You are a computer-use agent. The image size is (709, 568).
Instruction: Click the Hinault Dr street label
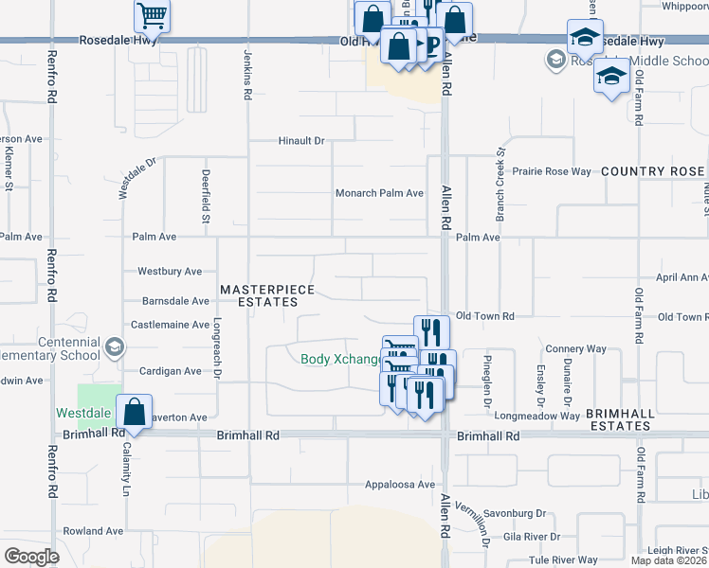coord(301,141)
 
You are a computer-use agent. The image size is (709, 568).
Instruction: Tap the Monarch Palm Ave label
coord(379,193)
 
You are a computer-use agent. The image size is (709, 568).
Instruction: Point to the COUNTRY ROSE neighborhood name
coord(653,171)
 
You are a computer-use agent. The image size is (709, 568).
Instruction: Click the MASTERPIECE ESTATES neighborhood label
coord(259,295)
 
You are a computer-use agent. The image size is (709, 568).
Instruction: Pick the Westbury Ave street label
coord(170,272)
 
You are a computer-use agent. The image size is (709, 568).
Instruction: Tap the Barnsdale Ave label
coord(174,302)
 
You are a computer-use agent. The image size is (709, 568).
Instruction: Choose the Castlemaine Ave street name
coord(171,325)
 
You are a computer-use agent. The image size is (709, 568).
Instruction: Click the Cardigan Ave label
coord(170,371)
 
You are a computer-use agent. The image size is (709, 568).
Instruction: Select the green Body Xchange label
coord(340,359)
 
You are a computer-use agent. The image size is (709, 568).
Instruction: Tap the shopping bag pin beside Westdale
coord(135,414)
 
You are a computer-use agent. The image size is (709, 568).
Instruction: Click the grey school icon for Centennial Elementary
coord(114,347)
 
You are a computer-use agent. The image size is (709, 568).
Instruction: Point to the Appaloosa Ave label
coord(400,485)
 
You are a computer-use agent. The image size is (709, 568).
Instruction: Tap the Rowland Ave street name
coord(93,532)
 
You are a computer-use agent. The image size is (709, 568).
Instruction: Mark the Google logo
coord(31,557)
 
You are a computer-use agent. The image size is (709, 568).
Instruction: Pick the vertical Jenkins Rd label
coord(247,65)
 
